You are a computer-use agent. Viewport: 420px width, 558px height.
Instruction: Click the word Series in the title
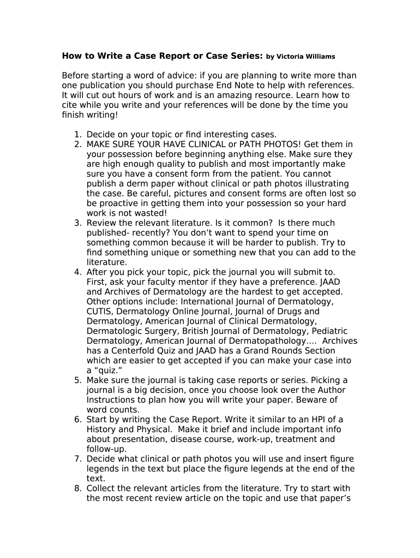[246, 56]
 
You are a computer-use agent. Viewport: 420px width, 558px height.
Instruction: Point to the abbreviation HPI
[314, 419]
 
